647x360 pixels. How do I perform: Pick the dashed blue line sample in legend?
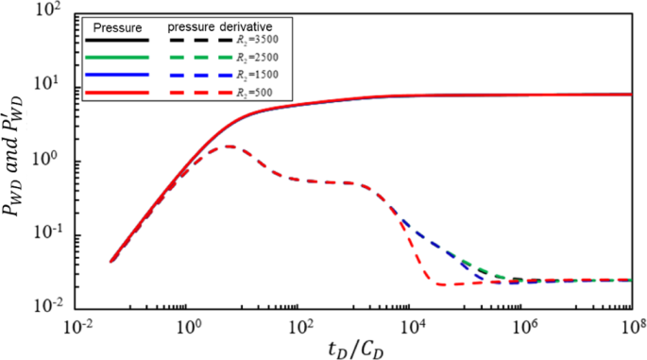point(197,76)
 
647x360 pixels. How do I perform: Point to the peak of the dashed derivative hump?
point(230,146)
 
